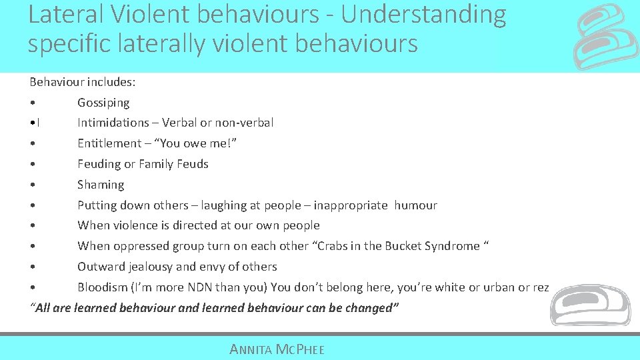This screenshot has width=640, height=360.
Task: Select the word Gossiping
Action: (103, 103)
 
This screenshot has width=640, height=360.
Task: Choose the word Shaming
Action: (101, 185)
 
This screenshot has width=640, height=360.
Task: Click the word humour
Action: (415, 205)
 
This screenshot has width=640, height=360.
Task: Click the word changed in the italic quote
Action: (370, 308)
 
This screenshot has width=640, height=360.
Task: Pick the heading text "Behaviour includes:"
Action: (83, 82)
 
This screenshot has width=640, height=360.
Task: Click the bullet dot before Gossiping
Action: (32, 103)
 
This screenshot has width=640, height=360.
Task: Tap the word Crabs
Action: (333, 246)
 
